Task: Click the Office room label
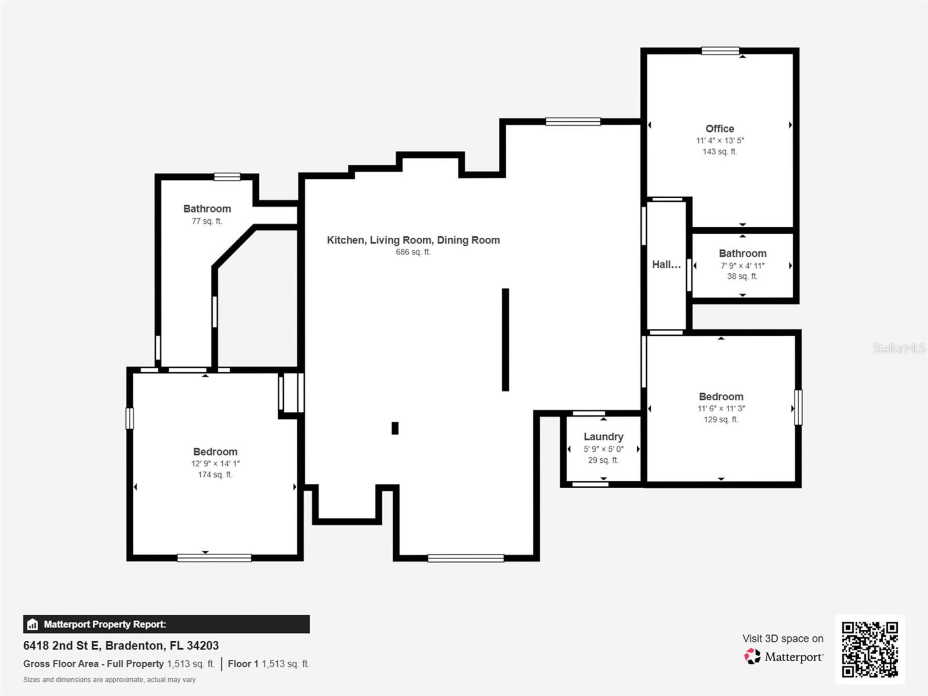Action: tap(719, 129)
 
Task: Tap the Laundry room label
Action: tap(603, 437)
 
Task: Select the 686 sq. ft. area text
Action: tap(413, 252)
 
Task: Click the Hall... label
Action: tap(666, 264)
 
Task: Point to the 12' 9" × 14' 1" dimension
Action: tap(215, 463)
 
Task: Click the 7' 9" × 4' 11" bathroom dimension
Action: tap(742, 266)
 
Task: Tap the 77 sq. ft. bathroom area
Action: tap(206, 221)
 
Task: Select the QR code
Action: tap(869, 649)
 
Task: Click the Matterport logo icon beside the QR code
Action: tap(752, 657)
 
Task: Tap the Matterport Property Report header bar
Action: tap(166, 624)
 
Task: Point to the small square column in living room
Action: tap(395, 428)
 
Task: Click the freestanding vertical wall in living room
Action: tap(505, 339)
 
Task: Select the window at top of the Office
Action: tap(720, 51)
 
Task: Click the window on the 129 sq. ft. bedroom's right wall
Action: tap(798, 407)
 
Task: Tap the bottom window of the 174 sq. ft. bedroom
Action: tap(214, 558)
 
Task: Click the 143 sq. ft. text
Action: tap(719, 151)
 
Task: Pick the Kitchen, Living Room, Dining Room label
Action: tap(413, 240)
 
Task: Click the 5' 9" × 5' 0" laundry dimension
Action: tap(603, 449)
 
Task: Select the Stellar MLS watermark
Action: tap(898, 348)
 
